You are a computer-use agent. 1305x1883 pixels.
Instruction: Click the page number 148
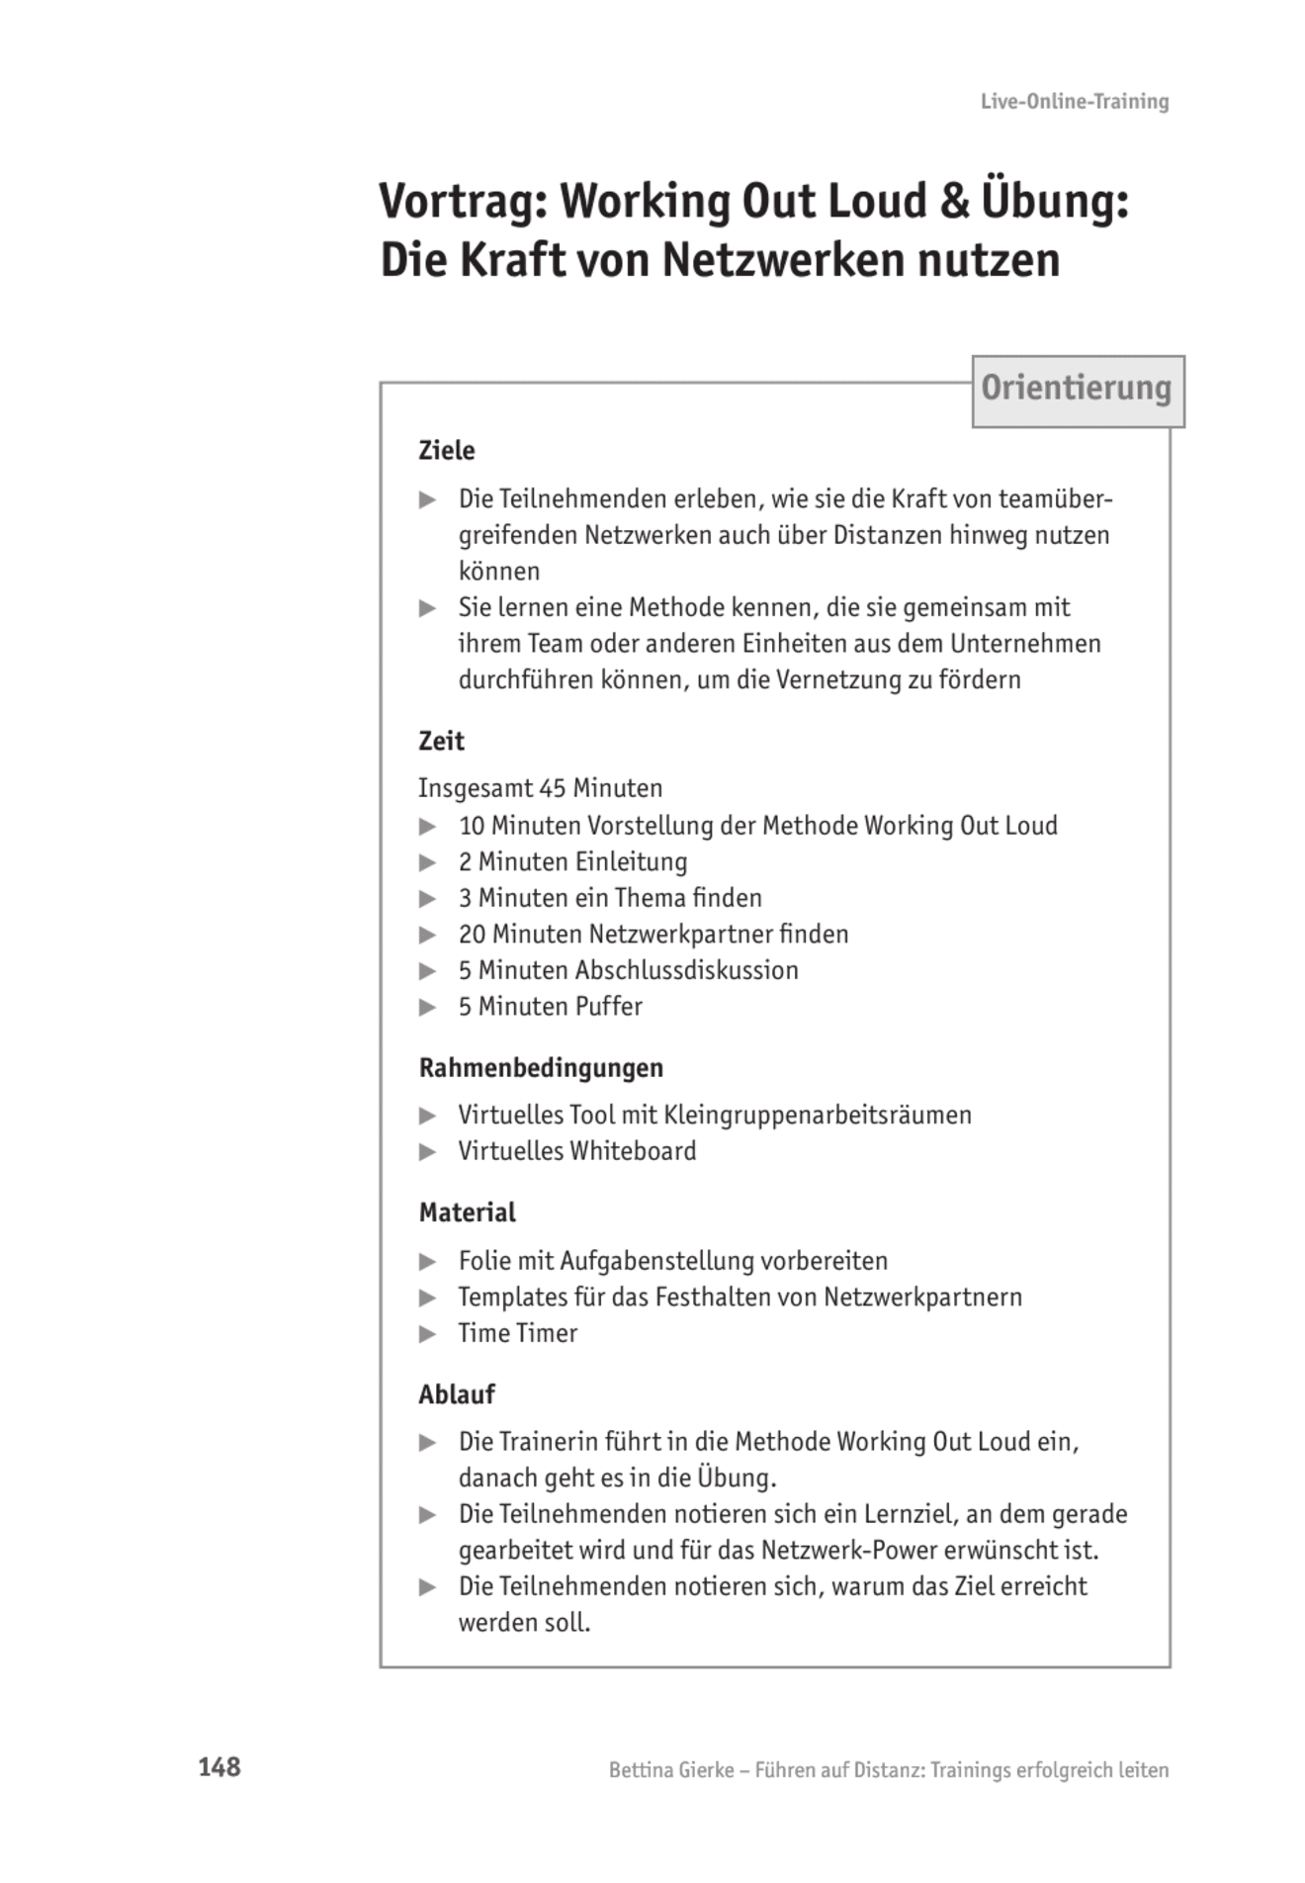click(x=219, y=1766)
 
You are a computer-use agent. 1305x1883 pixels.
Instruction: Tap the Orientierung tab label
click(x=1076, y=389)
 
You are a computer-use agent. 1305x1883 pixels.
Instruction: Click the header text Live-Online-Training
click(x=1074, y=101)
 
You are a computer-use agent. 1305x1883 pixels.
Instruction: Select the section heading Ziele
click(x=446, y=451)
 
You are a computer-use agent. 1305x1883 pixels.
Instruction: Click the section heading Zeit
click(x=441, y=741)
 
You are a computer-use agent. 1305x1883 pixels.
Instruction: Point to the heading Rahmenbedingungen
click(x=541, y=1068)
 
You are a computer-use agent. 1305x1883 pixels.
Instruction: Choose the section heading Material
click(x=467, y=1212)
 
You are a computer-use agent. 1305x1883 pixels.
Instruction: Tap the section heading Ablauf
click(x=456, y=1394)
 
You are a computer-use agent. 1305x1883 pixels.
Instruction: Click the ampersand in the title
click(x=954, y=202)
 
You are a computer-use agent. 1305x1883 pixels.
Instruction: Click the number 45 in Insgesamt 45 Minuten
click(x=553, y=788)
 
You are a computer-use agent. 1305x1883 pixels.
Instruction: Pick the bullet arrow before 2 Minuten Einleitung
click(x=427, y=862)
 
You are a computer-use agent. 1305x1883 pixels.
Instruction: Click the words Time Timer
click(x=517, y=1333)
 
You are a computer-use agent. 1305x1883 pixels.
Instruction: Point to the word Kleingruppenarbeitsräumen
click(x=817, y=1116)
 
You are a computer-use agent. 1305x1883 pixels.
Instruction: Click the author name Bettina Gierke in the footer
click(x=670, y=1770)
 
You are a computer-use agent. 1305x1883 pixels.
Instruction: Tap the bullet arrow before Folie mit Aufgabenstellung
click(x=427, y=1261)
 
